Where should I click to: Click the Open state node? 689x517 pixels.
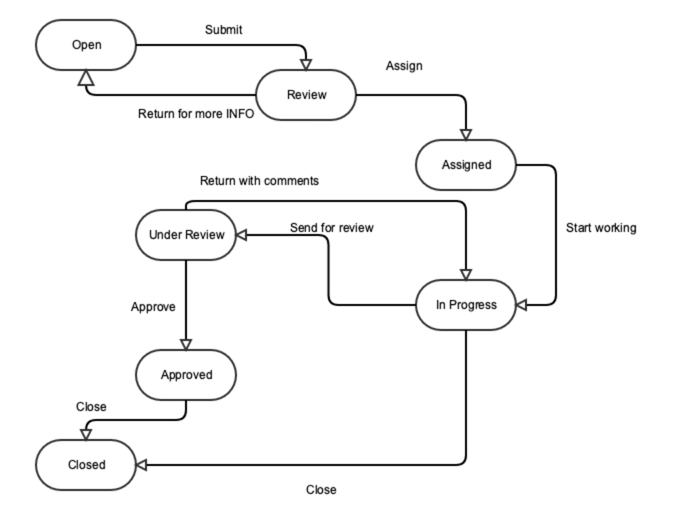coord(86,45)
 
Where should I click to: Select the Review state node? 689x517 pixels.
coord(307,95)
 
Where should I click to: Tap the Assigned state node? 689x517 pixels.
coord(466,165)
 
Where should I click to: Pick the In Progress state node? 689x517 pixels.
coord(466,305)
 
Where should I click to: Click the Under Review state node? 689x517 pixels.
coord(187,235)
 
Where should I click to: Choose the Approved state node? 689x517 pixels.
coord(187,375)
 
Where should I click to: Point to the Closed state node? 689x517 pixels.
coord(86,465)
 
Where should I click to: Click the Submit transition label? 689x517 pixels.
coord(224,30)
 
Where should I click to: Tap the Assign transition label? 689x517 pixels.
coord(404,66)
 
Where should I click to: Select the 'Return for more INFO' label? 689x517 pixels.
coord(196,114)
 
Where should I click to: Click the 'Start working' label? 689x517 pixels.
coord(601,227)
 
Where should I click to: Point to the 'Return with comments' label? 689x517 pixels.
coord(259,181)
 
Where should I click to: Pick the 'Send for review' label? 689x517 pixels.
coord(331,227)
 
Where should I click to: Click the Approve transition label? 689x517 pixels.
coord(153,307)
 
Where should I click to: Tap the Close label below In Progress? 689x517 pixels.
coord(321,490)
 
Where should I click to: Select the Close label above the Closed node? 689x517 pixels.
coord(91,407)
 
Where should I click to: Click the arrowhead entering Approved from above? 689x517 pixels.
coord(187,345)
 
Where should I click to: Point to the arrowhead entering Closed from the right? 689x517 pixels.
coord(141,465)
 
